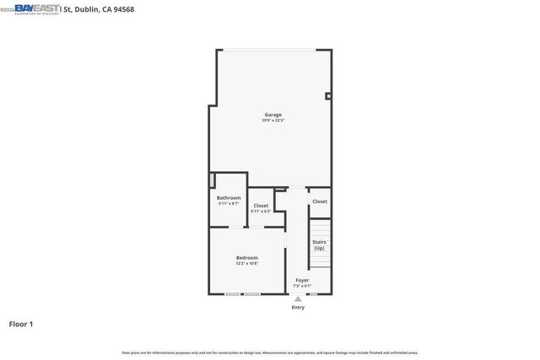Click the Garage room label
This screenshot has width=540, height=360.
(273, 115)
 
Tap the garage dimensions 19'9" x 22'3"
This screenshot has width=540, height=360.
(273, 121)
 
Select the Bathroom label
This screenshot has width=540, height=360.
(229, 198)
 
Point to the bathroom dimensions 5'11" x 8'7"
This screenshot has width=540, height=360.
(229, 204)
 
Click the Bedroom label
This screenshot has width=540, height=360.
(247, 258)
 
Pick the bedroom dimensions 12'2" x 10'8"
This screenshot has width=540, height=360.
(247, 264)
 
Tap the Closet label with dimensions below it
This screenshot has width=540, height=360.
(261, 206)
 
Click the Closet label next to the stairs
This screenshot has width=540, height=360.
(320, 201)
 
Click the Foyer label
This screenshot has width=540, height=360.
(302, 280)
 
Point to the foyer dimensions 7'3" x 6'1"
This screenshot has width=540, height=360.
(302, 286)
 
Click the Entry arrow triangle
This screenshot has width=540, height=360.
(298, 298)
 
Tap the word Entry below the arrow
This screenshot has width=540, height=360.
(298, 307)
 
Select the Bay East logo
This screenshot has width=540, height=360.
(37, 8)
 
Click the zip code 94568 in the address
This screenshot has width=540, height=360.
(122, 9)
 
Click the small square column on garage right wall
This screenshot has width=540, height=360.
(328, 96)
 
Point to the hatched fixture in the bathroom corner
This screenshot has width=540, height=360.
(213, 181)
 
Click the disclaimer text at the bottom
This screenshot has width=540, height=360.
(270, 352)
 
